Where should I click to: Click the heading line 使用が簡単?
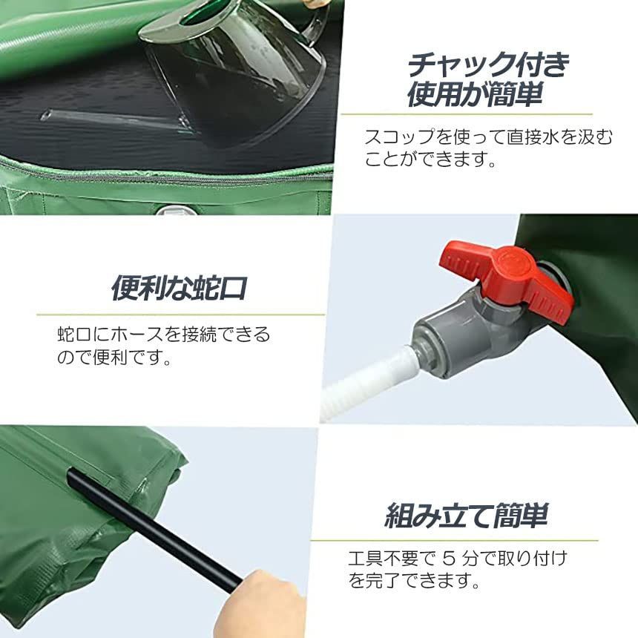pyautogui.click(x=475, y=95)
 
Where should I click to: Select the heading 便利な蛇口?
pyautogui.click(x=178, y=288)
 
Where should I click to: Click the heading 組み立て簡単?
pyautogui.click(x=466, y=515)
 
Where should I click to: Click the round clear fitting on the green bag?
pyautogui.click(x=177, y=211)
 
